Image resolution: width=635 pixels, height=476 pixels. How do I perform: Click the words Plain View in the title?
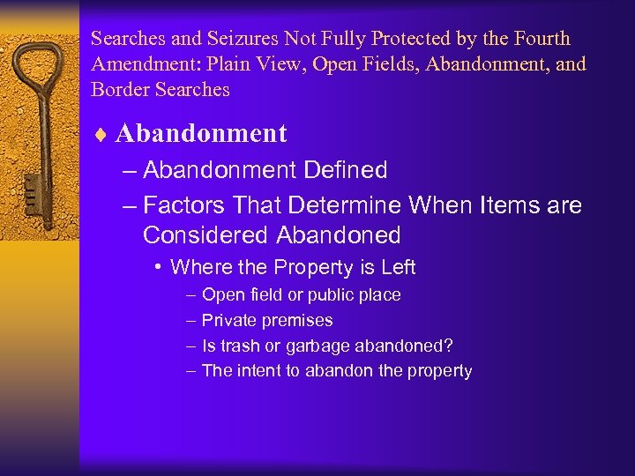tap(237, 64)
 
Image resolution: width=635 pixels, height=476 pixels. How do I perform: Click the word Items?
tap(500, 206)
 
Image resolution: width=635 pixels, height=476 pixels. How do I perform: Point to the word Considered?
tap(205, 235)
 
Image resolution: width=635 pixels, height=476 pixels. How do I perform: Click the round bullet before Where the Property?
tap(156, 267)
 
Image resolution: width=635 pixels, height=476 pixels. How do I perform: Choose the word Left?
tap(398, 267)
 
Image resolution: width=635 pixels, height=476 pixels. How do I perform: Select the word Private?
tap(228, 320)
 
